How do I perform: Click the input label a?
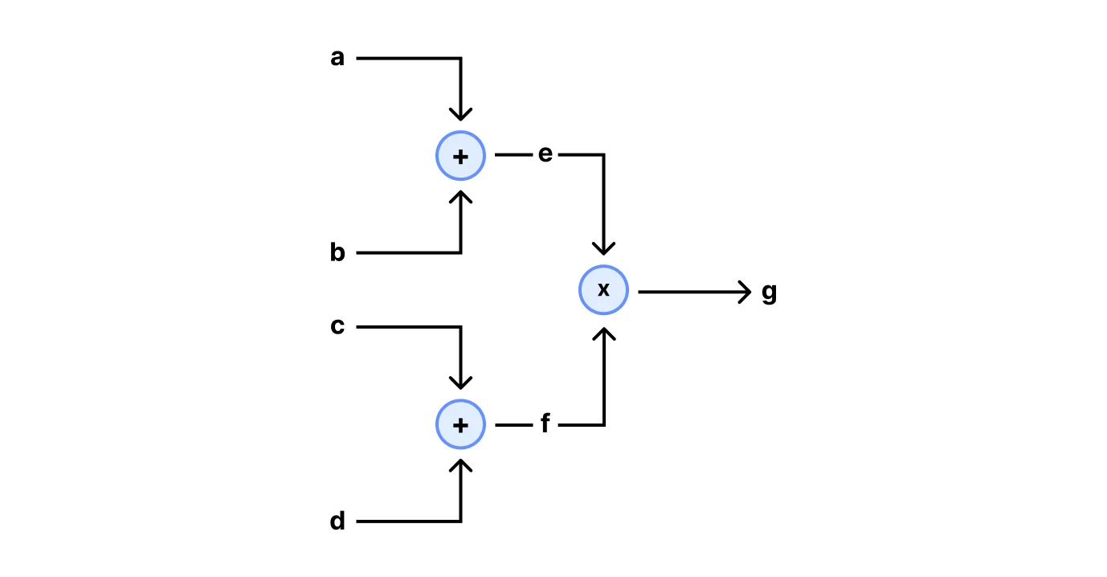pyautogui.click(x=337, y=59)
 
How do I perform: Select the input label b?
pyautogui.click(x=337, y=253)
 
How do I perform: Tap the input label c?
pyautogui.click(x=337, y=327)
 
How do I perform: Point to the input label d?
pyautogui.click(x=337, y=522)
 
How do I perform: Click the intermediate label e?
pyautogui.click(x=545, y=154)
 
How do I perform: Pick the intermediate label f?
pyautogui.click(x=545, y=424)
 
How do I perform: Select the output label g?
pyautogui.click(x=769, y=293)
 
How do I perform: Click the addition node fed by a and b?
pyautogui.click(x=460, y=156)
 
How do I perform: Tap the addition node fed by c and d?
pyautogui.click(x=460, y=425)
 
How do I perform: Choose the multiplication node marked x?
pyautogui.click(x=603, y=290)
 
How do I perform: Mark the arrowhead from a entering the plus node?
pyautogui.click(x=460, y=114)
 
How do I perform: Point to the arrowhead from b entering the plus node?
pyautogui.click(x=460, y=198)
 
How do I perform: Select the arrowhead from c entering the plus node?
pyautogui.click(x=460, y=383)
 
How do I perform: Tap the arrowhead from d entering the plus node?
pyautogui.click(x=460, y=467)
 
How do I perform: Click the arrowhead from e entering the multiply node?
pyautogui.click(x=603, y=248)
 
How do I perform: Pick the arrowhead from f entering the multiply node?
pyautogui.click(x=603, y=332)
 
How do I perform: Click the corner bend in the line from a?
pyautogui.click(x=460, y=59)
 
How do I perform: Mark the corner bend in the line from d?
pyautogui.click(x=460, y=522)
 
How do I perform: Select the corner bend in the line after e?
pyautogui.click(x=603, y=154)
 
